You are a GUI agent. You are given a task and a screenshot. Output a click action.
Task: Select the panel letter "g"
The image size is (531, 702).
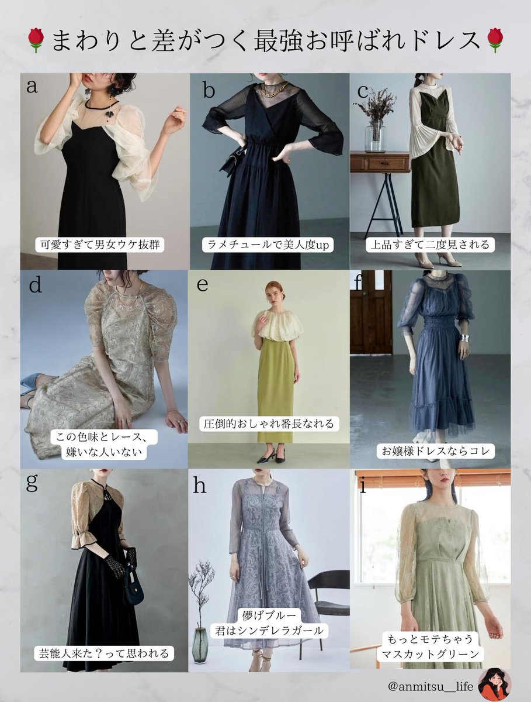(32, 482)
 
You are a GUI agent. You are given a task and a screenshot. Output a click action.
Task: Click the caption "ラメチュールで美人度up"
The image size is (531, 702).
(269, 245)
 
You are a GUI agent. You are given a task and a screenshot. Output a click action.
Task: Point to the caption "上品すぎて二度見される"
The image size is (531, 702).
(430, 245)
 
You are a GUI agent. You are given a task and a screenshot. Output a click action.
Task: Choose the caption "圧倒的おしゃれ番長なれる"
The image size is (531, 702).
(269, 423)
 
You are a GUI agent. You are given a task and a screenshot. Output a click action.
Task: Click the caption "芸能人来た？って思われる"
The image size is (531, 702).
(104, 653)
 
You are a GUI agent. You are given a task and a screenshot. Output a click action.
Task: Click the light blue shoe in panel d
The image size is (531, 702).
(30, 384)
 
